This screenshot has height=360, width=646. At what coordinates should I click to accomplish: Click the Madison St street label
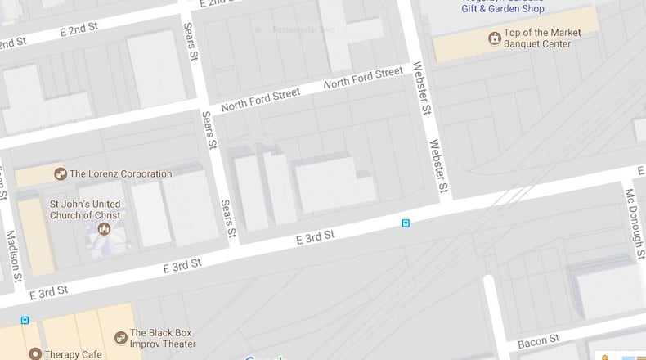coord(12,254)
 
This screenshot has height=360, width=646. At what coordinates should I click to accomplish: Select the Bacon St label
coord(538,340)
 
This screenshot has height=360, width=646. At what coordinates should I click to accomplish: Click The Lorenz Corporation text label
coord(120,173)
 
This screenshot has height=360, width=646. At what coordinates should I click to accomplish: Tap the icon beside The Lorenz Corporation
coord(60,173)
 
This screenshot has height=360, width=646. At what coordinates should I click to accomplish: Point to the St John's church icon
coord(104,228)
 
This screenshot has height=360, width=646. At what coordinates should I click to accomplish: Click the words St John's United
coord(84,204)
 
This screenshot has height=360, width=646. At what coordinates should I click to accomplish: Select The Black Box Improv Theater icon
coord(120,337)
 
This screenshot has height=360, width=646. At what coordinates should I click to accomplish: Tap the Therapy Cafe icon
coord(35,353)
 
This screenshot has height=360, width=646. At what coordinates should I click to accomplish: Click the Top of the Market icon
coord(494,38)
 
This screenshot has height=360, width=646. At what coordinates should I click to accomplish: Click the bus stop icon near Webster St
coord(405,223)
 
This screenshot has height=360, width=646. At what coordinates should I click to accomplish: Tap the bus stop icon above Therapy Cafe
coord(25,320)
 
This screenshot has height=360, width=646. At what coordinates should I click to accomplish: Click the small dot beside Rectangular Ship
coord(258,30)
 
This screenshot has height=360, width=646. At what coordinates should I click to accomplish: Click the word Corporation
coord(143,173)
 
